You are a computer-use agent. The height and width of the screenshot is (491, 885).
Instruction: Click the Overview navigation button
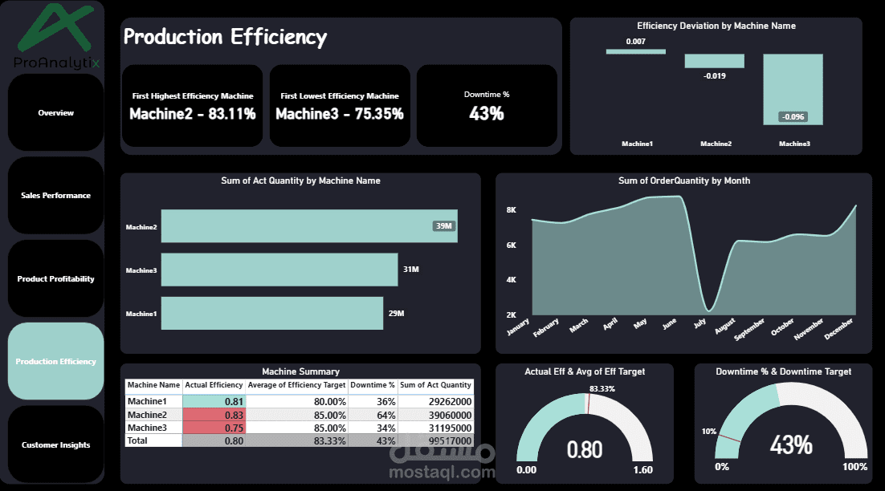point(55,113)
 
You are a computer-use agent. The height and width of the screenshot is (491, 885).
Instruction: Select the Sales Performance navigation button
point(55,196)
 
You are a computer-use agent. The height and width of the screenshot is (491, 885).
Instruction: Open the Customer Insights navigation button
point(55,445)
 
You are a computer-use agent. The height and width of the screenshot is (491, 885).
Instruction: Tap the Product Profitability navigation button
point(55,279)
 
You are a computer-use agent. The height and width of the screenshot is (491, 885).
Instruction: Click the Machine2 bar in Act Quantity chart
point(308,226)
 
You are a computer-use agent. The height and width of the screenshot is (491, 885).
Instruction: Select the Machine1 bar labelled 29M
point(272,313)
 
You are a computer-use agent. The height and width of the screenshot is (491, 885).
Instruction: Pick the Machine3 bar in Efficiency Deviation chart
point(793,89)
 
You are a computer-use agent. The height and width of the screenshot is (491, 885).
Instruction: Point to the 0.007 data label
point(636,41)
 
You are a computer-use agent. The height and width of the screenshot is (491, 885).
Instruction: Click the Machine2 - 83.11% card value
point(193,114)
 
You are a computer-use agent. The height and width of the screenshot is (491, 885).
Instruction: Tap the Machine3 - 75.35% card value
point(340,114)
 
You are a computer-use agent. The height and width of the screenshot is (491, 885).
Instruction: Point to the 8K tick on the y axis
point(511,210)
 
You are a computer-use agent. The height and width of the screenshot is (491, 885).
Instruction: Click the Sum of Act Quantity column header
point(435,385)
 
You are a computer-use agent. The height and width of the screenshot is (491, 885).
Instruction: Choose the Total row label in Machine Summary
point(138,440)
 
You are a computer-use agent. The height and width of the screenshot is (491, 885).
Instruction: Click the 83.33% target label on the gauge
point(602,388)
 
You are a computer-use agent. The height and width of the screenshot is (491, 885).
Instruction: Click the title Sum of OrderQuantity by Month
point(684,181)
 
